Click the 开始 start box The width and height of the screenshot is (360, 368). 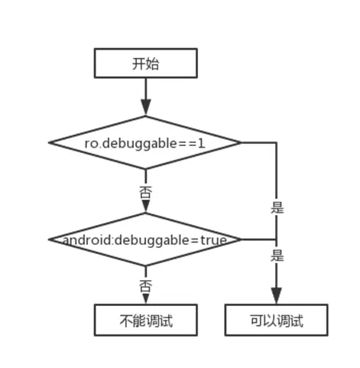(144, 64)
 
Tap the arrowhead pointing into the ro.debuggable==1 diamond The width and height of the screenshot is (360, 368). (144, 109)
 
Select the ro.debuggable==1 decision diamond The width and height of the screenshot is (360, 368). (144, 142)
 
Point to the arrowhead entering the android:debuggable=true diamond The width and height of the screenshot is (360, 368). (144, 207)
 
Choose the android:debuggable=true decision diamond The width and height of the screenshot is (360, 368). (144, 240)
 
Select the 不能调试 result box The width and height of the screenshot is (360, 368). (144, 320)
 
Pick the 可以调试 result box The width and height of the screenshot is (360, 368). (277, 320)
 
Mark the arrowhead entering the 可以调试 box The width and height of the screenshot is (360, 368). (277, 299)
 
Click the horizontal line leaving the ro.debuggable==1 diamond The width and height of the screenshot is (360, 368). (259, 142)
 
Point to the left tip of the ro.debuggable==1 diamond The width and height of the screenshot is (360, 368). (50, 142)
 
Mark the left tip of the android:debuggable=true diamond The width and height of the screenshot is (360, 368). (50, 240)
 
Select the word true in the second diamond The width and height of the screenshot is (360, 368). (215, 240)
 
